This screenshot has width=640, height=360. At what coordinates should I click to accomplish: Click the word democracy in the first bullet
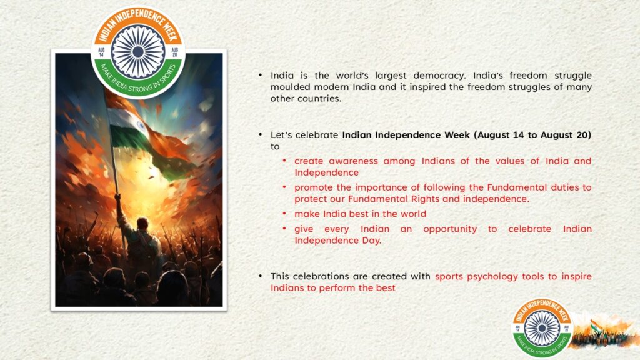tap(439, 76)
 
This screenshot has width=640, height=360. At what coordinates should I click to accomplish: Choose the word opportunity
tap(450, 229)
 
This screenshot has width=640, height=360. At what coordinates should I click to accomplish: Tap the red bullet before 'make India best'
tap(284, 213)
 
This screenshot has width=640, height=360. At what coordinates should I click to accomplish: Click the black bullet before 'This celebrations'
tap(260, 276)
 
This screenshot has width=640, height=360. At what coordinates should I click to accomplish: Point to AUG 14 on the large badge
tap(101, 52)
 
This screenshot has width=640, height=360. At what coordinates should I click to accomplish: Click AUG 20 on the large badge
tap(175, 52)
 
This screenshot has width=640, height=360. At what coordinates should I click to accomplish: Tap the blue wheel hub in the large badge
tap(138, 52)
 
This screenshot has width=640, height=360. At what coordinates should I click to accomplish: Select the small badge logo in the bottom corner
tap(542, 327)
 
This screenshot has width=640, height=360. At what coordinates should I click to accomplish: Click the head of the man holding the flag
tap(142, 224)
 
